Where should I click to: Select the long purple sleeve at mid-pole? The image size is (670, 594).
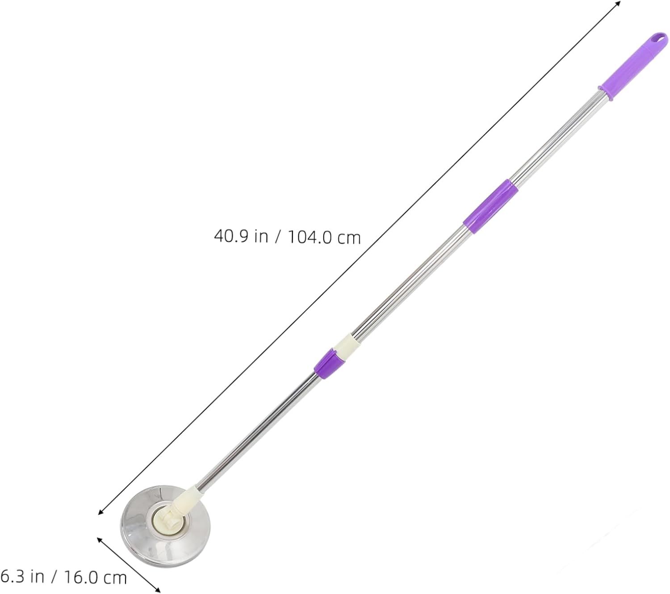[490, 207]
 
